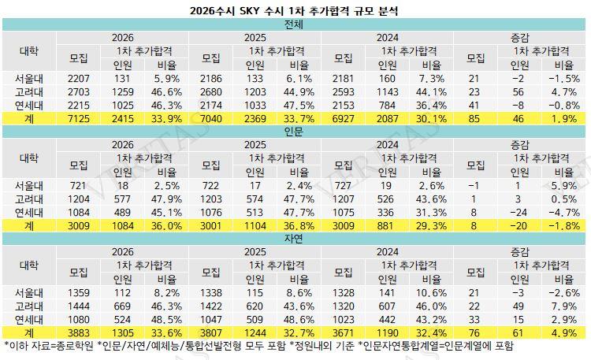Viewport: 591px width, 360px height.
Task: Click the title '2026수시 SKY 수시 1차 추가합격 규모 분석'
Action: click(x=295, y=11)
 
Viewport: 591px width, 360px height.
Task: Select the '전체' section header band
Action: click(x=295, y=24)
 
